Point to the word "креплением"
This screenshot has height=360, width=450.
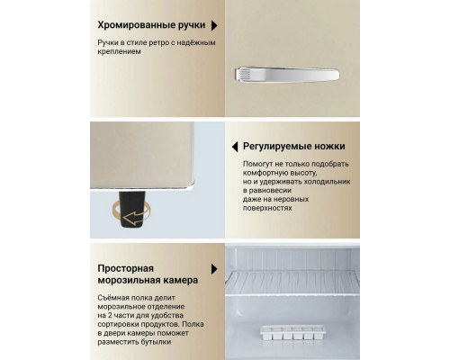tap(122, 52)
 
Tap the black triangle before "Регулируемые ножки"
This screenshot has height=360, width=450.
tap(235, 146)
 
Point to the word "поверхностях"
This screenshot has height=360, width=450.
tap(268, 206)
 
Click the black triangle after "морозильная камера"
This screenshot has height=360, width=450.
tap(213, 268)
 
